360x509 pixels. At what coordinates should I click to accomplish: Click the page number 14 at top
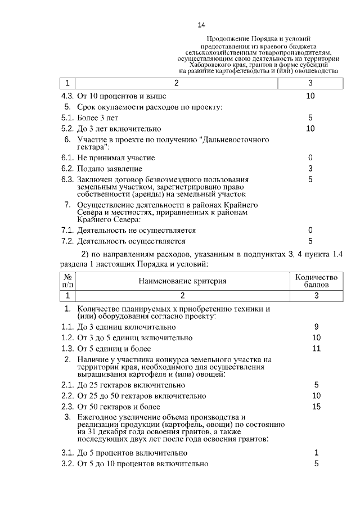(202, 25)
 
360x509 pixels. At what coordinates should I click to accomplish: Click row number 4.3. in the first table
(67, 96)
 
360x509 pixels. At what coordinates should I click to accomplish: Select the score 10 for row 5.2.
(310, 128)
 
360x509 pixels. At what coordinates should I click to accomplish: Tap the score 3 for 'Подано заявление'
(310, 168)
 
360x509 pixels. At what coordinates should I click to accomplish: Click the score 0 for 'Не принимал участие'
(310, 157)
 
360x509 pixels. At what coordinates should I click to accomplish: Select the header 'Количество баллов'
(316, 281)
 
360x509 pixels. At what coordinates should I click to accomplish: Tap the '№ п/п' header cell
(67, 281)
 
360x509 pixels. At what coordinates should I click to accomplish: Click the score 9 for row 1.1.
(316, 327)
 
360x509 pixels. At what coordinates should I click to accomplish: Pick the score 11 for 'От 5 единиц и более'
(316, 348)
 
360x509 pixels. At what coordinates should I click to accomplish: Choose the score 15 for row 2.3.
(316, 406)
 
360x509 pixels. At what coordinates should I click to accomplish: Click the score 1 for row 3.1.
(316, 453)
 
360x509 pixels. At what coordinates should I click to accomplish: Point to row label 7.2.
(67, 241)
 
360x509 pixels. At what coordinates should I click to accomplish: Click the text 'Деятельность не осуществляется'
(137, 230)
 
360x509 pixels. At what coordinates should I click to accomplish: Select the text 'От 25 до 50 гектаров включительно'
(142, 395)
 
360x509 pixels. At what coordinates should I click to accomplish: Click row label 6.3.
(67, 179)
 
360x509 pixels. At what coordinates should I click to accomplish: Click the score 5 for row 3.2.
(316, 463)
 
